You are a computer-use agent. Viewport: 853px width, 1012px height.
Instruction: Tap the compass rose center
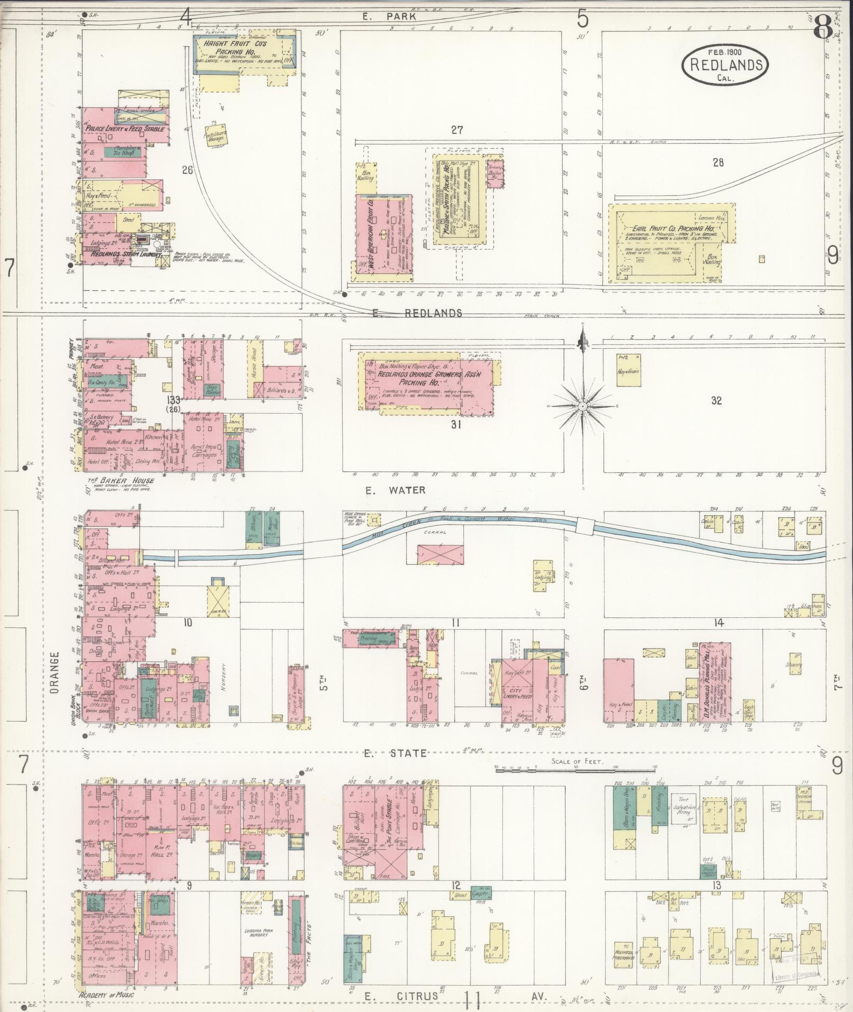point(582,406)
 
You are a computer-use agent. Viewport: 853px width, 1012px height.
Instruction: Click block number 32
point(716,400)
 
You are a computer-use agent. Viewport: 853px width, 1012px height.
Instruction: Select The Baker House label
point(121,480)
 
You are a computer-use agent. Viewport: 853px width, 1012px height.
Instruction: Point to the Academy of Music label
point(106,994)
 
